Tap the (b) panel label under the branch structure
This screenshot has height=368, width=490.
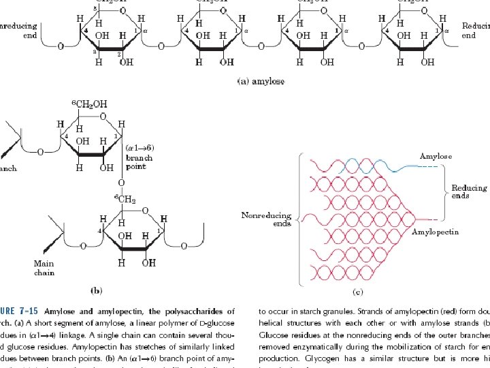[96, 290]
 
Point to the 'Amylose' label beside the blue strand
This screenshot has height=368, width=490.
[435, 156]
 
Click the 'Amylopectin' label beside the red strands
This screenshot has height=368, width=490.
[436, 232]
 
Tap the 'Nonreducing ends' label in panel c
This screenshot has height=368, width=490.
[265, 219]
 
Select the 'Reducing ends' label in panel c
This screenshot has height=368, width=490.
[470, 192]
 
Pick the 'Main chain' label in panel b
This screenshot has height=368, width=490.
[44, 268]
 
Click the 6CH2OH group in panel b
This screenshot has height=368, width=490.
[89, 104]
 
